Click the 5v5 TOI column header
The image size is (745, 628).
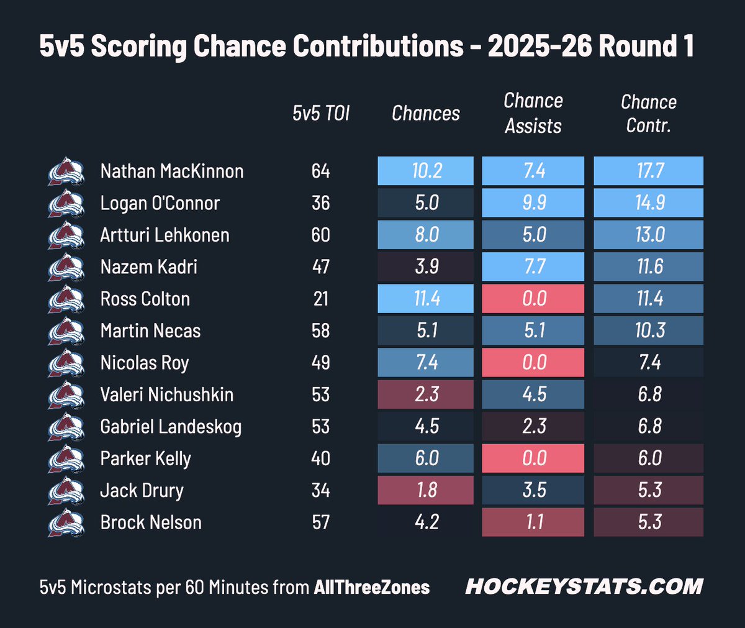(321, 114)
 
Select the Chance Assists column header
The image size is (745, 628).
(533, 113)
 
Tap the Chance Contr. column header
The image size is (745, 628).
(649, 114)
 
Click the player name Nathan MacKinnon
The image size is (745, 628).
(172, 171)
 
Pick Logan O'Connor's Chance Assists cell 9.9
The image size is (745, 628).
(533, 203)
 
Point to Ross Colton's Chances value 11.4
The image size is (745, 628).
(426, 298)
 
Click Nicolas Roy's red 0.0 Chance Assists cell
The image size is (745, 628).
(533, 362)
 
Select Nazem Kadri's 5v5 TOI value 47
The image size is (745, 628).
(321, 266)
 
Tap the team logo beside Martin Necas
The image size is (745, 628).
(66, 331)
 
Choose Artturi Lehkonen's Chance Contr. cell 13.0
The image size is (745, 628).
(649, 235)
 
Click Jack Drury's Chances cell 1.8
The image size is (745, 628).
(426, 490)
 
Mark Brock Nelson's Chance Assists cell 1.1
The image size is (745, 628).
(533, 522)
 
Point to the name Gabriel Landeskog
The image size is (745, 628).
(171, 427)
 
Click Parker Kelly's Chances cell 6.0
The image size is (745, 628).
(426, 458)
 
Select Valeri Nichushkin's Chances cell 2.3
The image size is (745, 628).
(426, 394)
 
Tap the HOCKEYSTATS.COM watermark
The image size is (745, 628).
(584, 586)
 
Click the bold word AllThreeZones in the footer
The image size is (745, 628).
(372, 587)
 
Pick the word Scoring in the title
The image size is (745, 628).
(139, 47)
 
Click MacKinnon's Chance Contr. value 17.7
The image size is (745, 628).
(649, 171)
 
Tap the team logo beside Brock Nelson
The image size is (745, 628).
(66, 522)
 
